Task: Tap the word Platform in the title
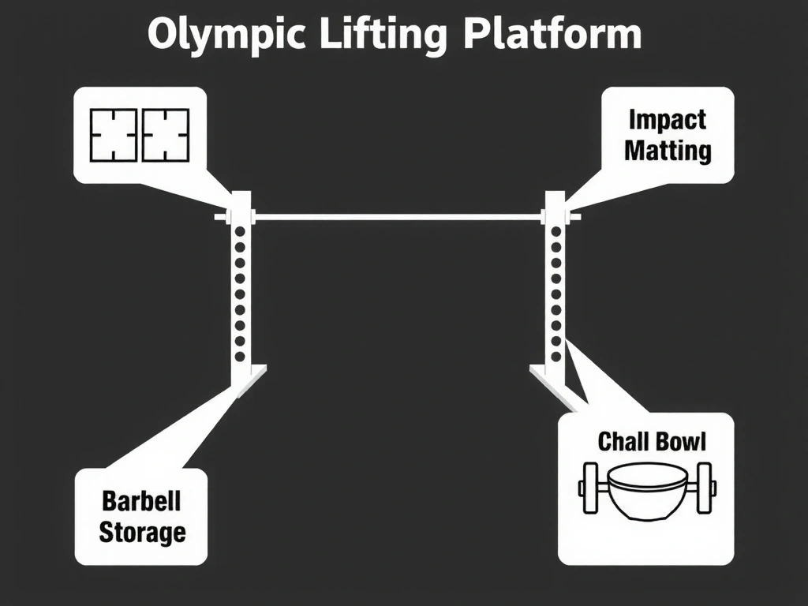[x=552, y=36]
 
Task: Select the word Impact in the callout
[x=667, y=120]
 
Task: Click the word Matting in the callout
[x=668, y=150]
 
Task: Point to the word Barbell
[x=141, y=500]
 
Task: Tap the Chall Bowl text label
[x=652, y=441]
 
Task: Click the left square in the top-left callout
[x=114, y=135]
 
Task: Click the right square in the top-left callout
[x=165, y=135]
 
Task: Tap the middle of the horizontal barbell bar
[x=398, y=216]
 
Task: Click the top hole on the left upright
[x=240, y=233]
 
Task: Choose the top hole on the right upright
[x=556, y=233]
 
